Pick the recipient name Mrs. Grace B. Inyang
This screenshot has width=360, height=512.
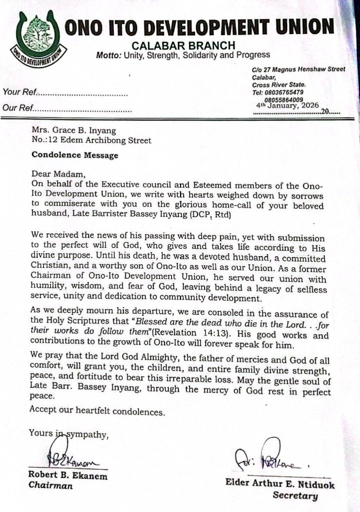74,131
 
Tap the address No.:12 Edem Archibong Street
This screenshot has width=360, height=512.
91,140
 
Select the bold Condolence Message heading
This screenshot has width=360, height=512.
75,155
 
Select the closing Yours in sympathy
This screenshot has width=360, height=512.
68,434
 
